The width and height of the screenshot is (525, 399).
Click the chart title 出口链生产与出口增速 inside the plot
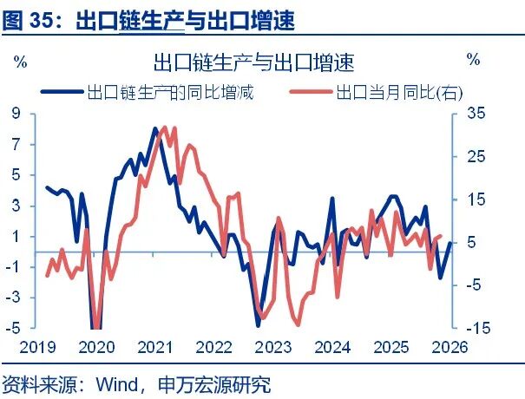click(253, 62)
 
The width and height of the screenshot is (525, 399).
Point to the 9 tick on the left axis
click(16, 113)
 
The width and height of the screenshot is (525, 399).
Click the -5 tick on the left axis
click(14, 329)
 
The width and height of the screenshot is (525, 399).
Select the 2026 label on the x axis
click(450, 348)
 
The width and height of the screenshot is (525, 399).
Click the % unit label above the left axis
click(20, 61)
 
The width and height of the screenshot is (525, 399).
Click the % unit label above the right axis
click(473, 61)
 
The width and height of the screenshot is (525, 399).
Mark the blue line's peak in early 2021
click(154, 129)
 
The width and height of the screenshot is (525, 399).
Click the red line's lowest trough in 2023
click(298, 325)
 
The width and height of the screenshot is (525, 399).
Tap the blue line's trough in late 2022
click(258, 324)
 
